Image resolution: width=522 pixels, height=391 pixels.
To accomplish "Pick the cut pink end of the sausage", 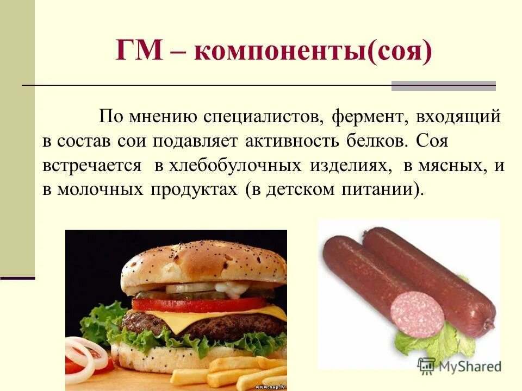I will point(417,313).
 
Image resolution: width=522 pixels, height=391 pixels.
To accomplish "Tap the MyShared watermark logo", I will point(459,366).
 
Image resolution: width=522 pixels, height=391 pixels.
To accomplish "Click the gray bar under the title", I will point(443,86).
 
